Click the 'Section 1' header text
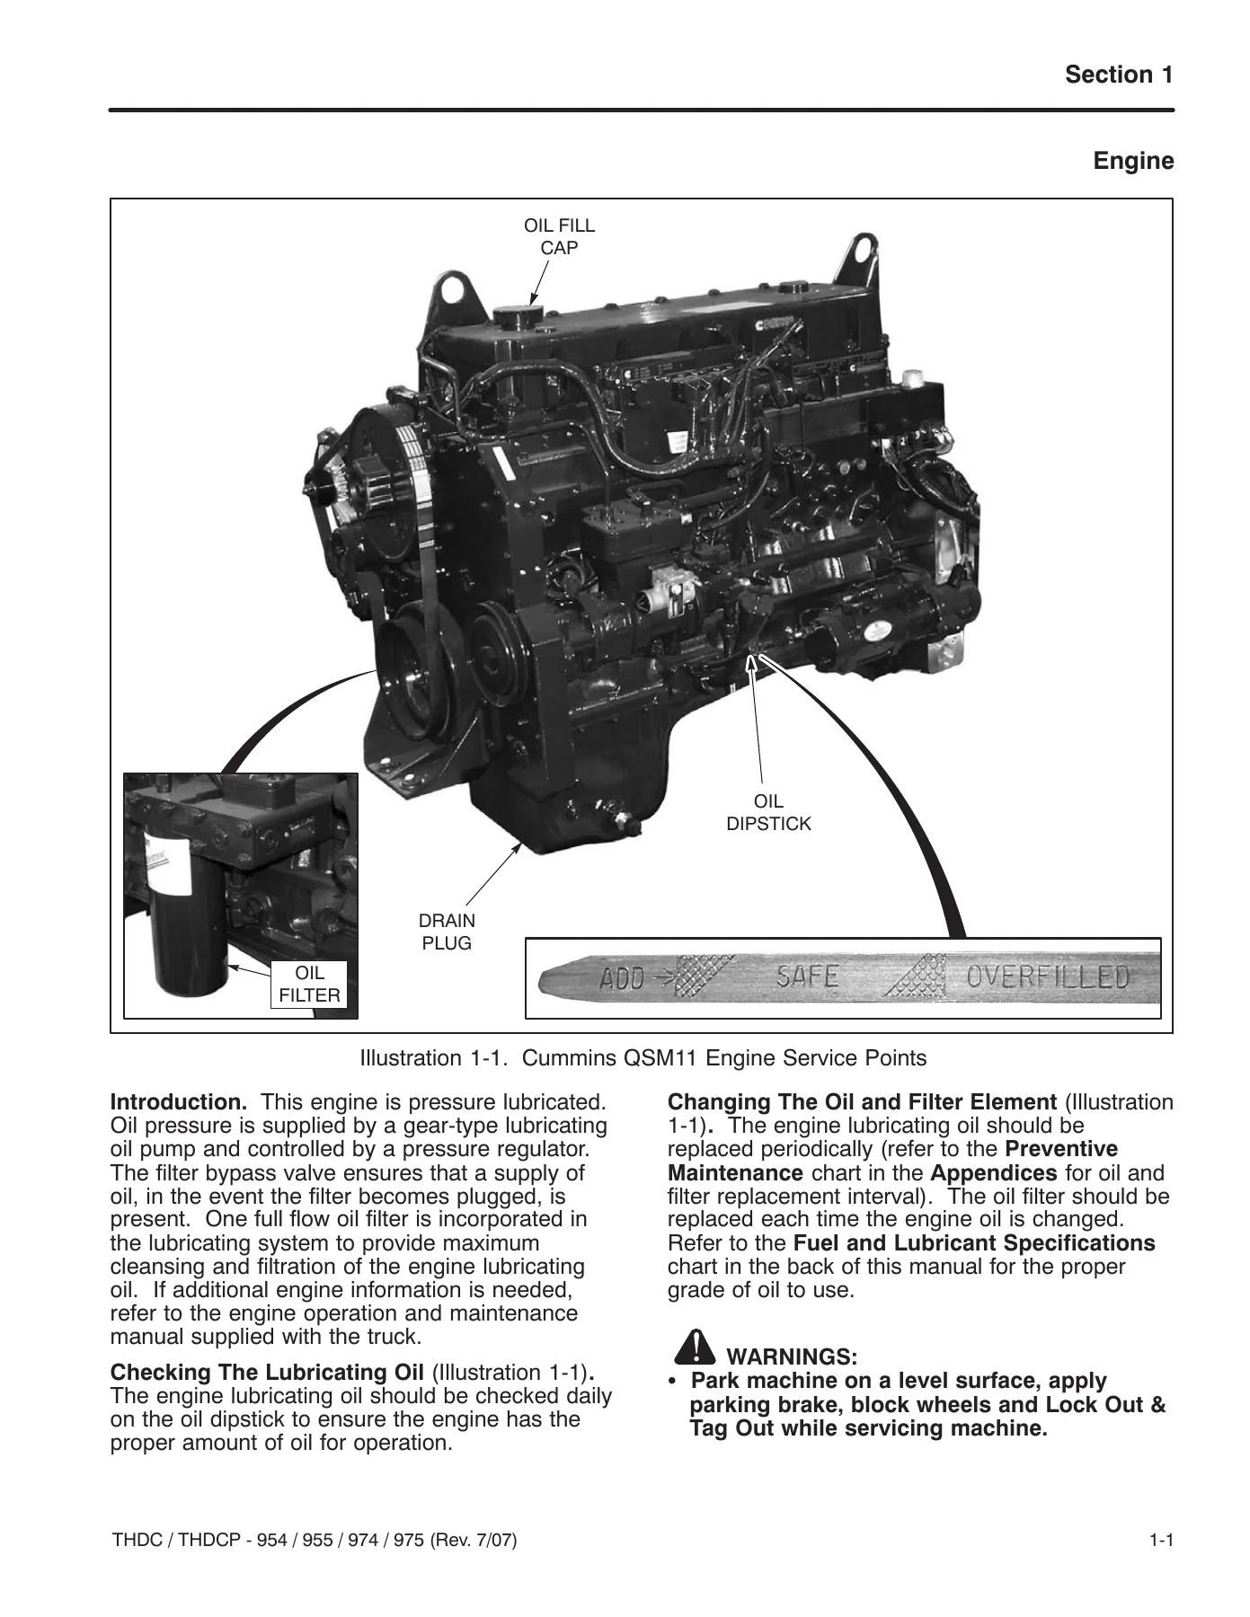(x=1119, y=75)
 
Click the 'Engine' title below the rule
(x=1133, y=162)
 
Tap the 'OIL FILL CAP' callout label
(x=559, y=236)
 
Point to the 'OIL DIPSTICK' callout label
(x=768, y=812)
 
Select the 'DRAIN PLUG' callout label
(x=447, y=932)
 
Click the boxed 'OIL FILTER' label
(x=310, y=985)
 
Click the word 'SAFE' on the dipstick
(x=807, y=976)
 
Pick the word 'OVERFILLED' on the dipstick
(x=1047, y=976)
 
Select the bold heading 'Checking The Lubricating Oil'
(x=267, y=1373)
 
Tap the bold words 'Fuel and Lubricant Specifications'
(x=975, y=1243)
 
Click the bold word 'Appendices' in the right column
(x=994, y=1173)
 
